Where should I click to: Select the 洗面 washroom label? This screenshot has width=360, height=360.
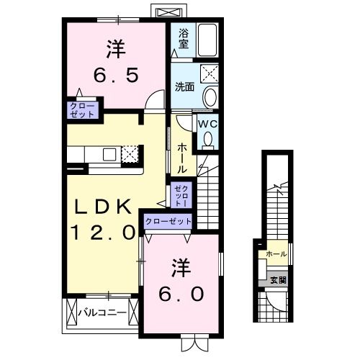click(x=184, y=88)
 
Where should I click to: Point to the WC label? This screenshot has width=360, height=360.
click(x=207, y=124)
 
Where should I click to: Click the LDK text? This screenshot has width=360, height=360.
click(x=104, y=207)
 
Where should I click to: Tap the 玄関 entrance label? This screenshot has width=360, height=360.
click(x=278, y=280)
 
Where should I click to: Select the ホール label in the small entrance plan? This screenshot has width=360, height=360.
click(x=276, y=254)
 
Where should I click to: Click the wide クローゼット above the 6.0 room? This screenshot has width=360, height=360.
click(x=168, y=222)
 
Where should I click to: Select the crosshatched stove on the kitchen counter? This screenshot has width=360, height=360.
click(x=130, y=153)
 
